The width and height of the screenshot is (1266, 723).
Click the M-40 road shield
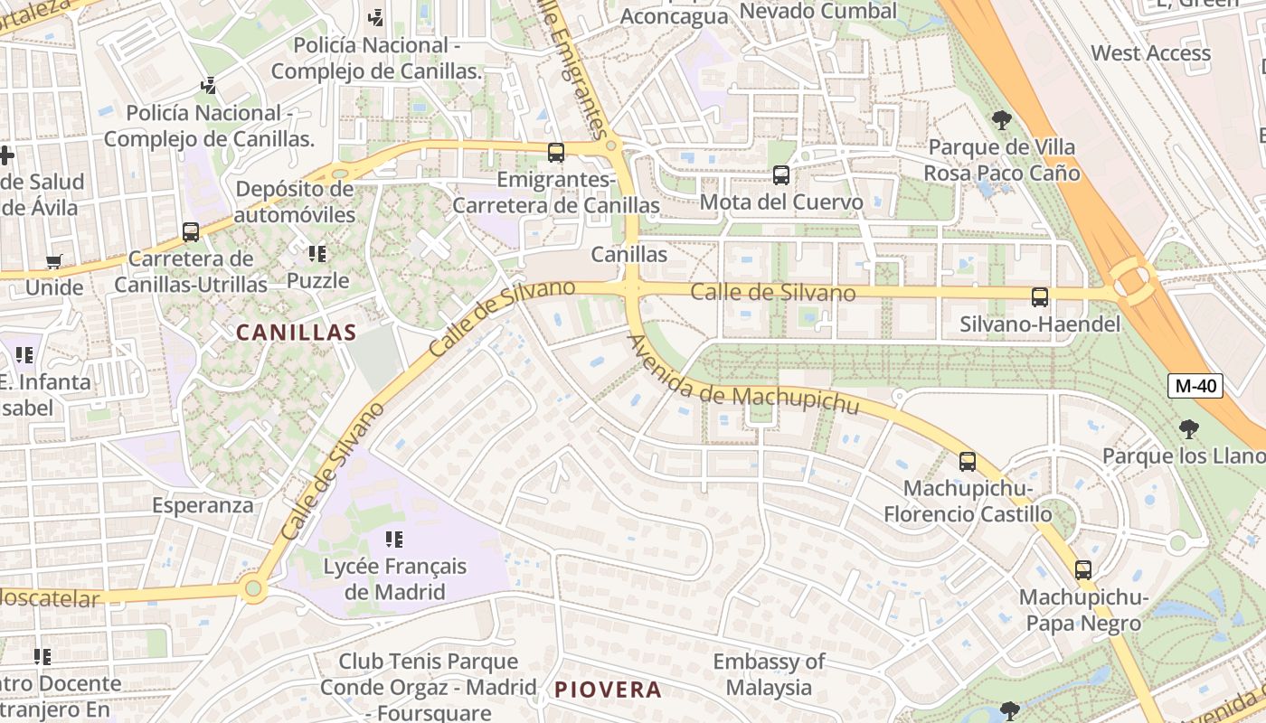point(1195,386)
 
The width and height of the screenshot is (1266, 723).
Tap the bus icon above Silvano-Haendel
point(1040,296)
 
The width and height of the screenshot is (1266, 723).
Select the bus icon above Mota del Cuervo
point(781,175)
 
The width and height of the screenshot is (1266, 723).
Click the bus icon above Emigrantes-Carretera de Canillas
point(556,153)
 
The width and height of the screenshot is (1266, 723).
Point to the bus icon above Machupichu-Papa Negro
point(1083,570)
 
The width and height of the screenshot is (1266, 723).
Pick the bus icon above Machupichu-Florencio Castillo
point(968,462)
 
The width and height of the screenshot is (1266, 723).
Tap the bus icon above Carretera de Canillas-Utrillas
point(191,232)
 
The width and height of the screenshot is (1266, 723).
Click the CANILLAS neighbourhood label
point(297,333)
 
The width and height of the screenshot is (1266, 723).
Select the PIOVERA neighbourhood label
point(608,690)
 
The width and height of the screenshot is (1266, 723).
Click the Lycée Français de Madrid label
point(396,579)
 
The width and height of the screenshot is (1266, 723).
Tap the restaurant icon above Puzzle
point(317,254)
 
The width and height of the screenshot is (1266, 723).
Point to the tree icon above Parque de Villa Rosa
point(1001,119)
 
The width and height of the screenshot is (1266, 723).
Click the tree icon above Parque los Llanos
point(1188,429)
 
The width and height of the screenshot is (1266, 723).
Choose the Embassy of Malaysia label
point(769,674)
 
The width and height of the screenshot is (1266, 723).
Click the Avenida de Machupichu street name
point(743,377)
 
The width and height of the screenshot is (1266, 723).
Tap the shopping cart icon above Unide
point(54,262)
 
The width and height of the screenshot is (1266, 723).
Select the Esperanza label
point(203,504)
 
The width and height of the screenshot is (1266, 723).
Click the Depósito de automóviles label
point(295,202)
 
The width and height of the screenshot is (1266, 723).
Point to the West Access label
point(1150,52)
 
